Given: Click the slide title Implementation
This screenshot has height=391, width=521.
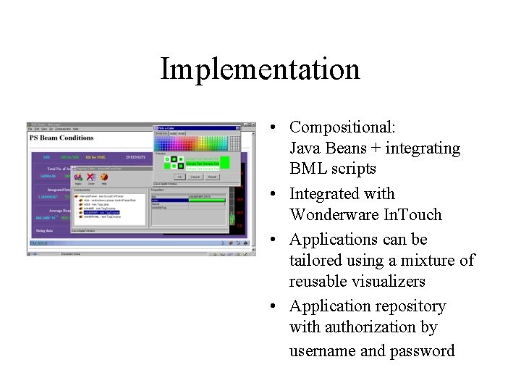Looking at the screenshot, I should click(x=260, y=70).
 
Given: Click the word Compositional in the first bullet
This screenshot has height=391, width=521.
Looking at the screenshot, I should click(x=341, y=127).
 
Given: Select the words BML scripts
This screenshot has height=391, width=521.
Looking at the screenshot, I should click(x=332, y=169).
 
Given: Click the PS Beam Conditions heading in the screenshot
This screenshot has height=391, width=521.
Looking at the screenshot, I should click(x=62, y=138).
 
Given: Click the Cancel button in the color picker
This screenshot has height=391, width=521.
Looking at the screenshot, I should click(x=195, y=176).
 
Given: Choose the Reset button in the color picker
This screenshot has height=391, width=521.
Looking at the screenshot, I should click(x=212, y=176).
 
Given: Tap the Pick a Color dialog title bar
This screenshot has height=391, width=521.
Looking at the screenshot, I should click(x=195, y=127).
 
